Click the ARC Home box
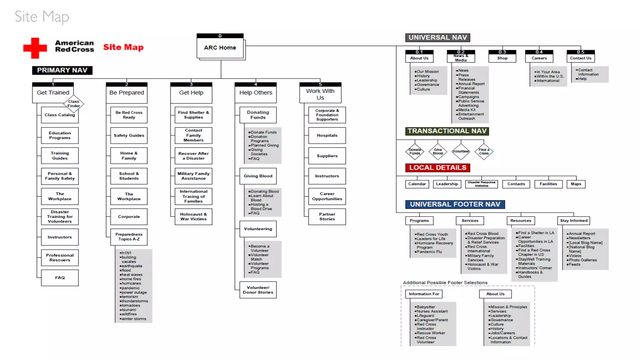[x=220, y=47]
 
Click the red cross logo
[x=35, y=48]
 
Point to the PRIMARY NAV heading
[x=62, y=70]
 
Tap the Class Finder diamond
[x=74, y=104]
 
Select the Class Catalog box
[x=60, y=115]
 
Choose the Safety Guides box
[x=129, y=135]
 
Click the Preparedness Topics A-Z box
[x=129, y=237]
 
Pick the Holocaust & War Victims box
[x=193, y=217]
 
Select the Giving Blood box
[x=258, y=176]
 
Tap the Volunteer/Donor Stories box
[x=258, y=290]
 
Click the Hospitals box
[x=327, y=135]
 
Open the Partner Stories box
[x=327, y=217]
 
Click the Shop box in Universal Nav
[x=502, y=58]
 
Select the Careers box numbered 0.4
[x=539, y=58]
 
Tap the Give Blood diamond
[x=438, y=152]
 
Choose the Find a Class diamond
[x=484, y=152]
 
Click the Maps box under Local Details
[x=576, y=184]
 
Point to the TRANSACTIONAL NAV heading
[x=447, y=131]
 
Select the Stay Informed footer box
[x=574, y=221]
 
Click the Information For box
[x=424, y=294]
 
